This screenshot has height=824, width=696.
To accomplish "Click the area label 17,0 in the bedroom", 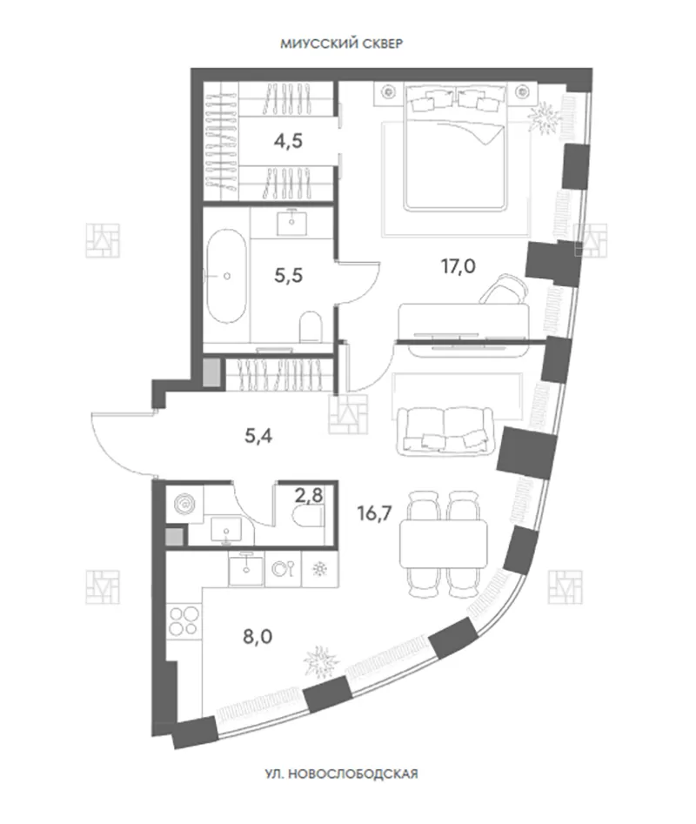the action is [458, 266].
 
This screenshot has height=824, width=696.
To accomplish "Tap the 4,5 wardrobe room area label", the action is [288, 141].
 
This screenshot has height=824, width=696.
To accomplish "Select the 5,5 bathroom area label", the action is [288, 275].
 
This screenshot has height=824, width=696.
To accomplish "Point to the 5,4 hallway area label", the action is [258, 436].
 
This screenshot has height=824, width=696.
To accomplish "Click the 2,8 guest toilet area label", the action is [309, 495].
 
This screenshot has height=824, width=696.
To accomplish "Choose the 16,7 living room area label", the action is [374, 512].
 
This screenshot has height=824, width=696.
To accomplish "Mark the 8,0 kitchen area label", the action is [258, 637].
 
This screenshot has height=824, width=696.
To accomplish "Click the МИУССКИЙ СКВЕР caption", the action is [341, 44].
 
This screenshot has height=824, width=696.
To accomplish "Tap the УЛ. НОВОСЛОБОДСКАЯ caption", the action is [341, 774].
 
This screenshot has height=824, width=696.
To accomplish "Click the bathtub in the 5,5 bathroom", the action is [226, 276].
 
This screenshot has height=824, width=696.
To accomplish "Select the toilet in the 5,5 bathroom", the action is [310, 327].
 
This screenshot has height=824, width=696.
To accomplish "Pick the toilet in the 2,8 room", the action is [311, 517].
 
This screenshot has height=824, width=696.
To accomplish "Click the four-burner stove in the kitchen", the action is [184, 620].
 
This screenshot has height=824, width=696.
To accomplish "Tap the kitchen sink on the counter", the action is [246, 569].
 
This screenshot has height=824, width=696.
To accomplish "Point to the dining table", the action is [444, 544].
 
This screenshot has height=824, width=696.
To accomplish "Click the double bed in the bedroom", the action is [455, 148].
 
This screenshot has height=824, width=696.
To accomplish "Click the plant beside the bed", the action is [543, 118].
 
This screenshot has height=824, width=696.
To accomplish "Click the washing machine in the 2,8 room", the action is [184, 504].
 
